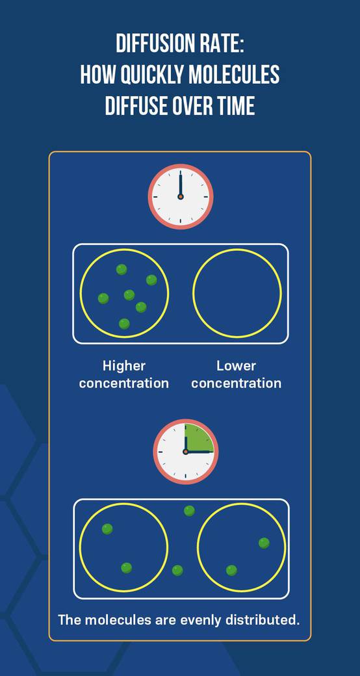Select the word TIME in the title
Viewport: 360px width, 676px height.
[236, 105]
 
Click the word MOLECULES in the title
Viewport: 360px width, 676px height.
[233, 75]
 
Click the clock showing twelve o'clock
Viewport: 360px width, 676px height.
[181, 196]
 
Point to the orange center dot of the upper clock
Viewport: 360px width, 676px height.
[181, 196]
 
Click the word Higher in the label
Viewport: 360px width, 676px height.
[124, 367]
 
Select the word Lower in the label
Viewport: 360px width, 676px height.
[237, 366]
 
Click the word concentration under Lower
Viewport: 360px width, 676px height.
[237, 383]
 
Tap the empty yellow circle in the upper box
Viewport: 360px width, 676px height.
[237, 293]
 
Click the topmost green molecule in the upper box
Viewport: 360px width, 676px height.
[122, 270]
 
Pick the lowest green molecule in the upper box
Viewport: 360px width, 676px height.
[124, 324]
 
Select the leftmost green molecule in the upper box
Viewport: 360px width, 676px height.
[103, 298]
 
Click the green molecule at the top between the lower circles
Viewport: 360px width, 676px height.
[189, 511]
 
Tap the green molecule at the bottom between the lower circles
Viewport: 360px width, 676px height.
[177, 571]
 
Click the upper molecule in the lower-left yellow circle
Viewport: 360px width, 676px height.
[107, 529]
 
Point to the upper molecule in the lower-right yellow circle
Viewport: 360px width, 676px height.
[264, 543]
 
